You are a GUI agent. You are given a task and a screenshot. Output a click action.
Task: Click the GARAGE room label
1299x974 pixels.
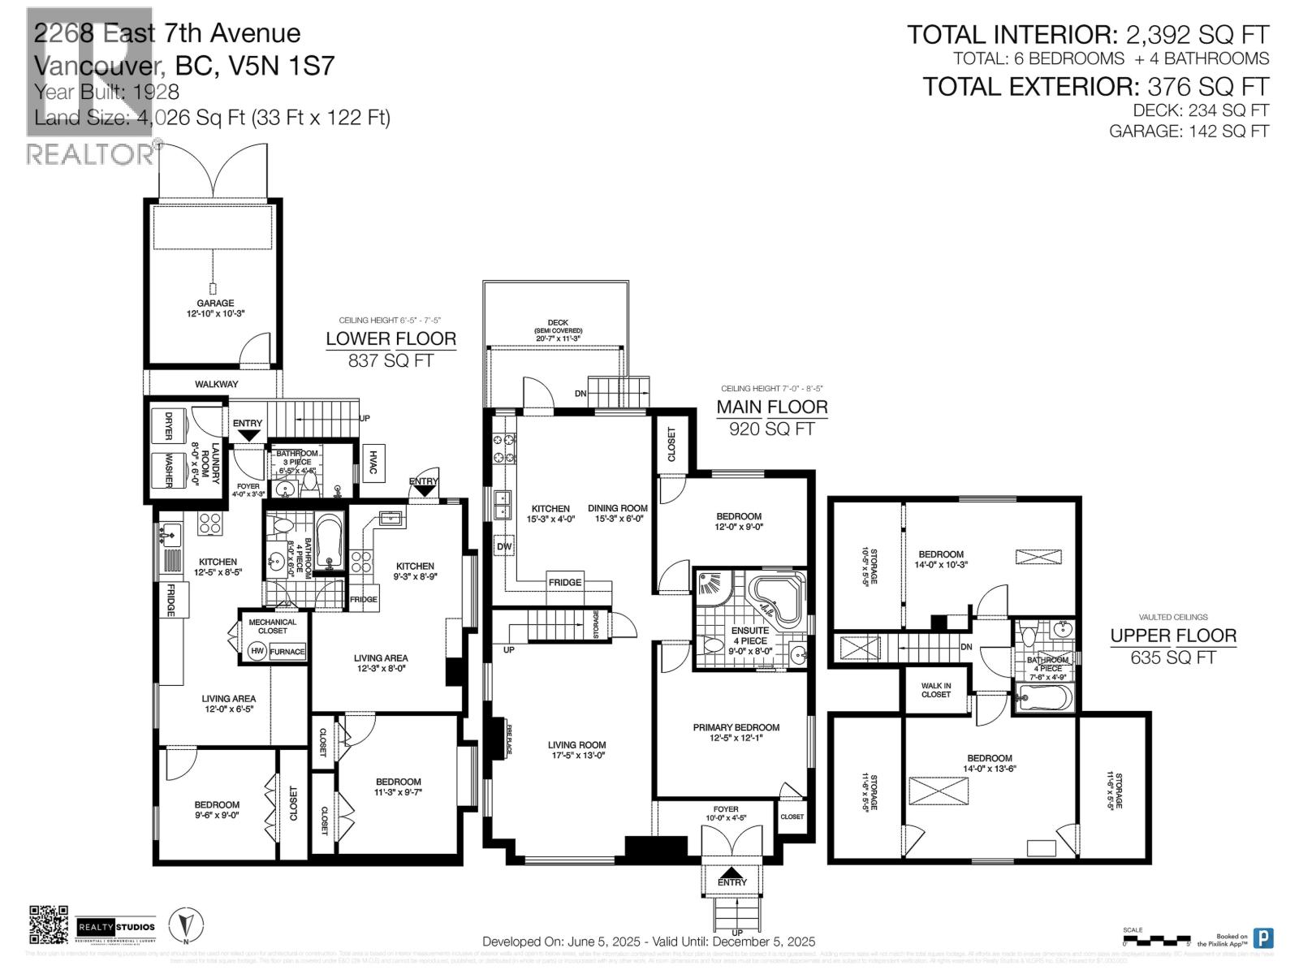point(215,304)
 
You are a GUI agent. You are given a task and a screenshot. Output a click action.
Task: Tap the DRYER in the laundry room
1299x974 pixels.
point(169,425)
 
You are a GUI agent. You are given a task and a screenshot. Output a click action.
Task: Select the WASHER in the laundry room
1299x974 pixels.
point(169,471)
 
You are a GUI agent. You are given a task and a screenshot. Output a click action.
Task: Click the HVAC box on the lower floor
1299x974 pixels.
point(373,463)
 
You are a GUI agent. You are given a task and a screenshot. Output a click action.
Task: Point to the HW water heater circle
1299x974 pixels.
point(257,651)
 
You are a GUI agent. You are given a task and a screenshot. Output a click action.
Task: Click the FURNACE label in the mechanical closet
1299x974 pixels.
point(287,651)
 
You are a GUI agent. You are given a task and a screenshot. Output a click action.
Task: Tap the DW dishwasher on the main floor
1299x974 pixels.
point(504,546)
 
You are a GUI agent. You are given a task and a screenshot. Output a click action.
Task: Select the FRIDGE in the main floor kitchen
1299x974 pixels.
point(564,582)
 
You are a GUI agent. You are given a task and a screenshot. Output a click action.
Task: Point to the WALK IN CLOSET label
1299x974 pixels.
point(936,690)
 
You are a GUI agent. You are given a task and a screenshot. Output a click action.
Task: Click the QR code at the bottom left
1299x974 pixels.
point(48,924)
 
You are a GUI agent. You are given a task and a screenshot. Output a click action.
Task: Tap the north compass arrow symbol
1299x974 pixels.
point(186,924)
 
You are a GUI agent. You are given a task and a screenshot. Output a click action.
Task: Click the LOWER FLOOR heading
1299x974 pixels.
point(391,338)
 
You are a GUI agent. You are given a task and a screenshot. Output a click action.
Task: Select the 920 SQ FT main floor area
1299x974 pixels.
point(771,429)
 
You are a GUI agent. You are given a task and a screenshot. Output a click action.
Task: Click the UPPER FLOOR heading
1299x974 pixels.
point(1173,636)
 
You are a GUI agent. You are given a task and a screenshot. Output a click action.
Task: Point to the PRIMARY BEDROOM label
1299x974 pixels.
point(736,727)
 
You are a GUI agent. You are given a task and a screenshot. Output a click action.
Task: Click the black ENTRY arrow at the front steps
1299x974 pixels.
point(732,874)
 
